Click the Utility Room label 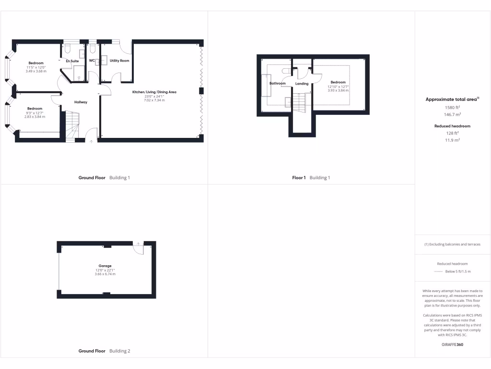(x=119, y=61)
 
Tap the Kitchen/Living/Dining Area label (x=154, y=92)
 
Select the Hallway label (x=81, y=102)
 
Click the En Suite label (x=72, y=61)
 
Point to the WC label (x=92, y=61)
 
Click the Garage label (x=105, y=266)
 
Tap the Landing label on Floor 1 (x=302, y=84)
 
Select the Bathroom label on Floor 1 (x=277, y=84)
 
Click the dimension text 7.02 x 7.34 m (x=154, y=100)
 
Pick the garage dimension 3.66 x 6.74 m (x=105, y=274)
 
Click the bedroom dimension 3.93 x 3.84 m (x=338, y=90)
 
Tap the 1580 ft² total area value (x=452, y=108)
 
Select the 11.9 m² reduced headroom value (x=452, y=140)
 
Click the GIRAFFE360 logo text (x=452, y=344)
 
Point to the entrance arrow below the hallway (x=91, y=142)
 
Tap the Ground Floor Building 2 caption (x=104, y=351)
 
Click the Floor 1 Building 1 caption (x=311, y=178)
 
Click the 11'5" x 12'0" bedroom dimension (x=36, y=67)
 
